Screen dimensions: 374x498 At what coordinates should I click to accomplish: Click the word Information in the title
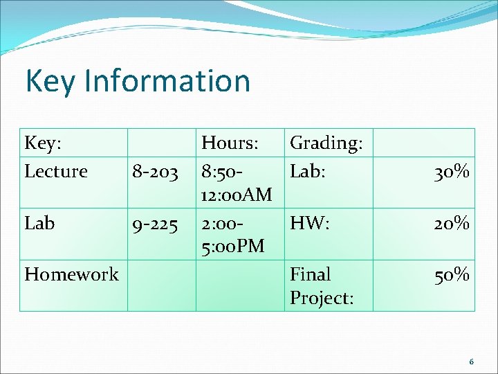click(x=167, y=81)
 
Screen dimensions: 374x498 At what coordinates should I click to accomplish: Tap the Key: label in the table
click(x=43, y=143)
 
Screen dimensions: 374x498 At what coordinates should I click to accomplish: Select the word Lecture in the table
click(x=56, y=170)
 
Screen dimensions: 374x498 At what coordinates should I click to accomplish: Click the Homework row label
click(x=71, y=274)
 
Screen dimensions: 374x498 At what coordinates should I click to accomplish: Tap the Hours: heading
click(x=230, y=143)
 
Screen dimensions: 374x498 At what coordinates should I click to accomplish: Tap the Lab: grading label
click(x=308, y=170)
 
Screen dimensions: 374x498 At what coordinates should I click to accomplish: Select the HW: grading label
click(x=309, y=223)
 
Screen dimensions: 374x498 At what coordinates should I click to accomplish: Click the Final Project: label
click(x=322, y=285)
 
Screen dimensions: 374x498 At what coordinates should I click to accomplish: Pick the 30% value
click(x=452, y=171)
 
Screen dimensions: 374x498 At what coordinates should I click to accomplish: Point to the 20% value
click(x=452, y=224)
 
